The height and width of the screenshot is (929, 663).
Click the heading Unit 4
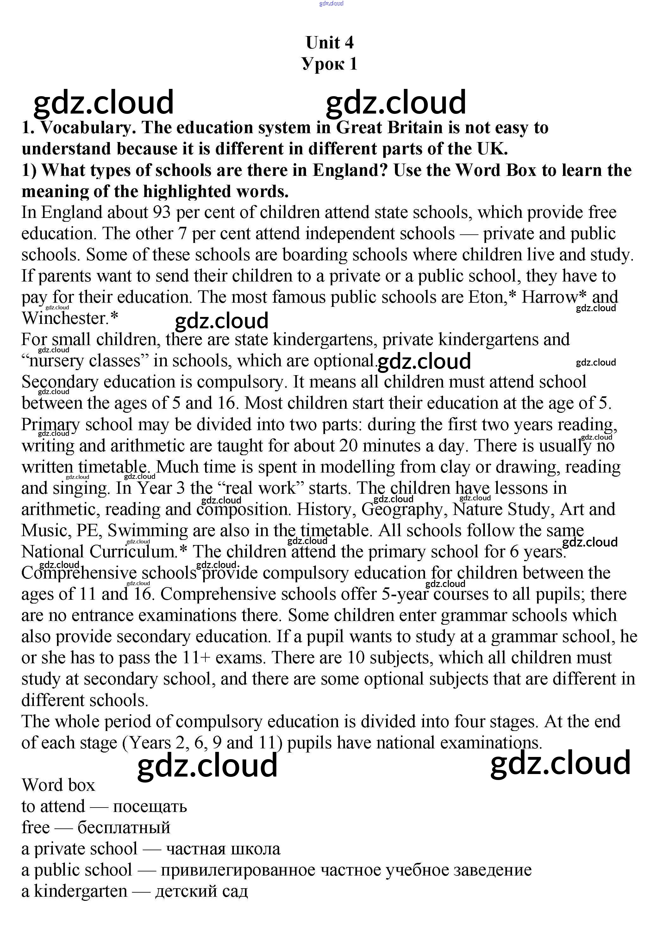pos(329,43)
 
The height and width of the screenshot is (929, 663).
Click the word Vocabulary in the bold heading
pos(88,128)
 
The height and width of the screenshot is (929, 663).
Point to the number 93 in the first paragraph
pos(162,213)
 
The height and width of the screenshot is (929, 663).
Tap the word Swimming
pos(148,531)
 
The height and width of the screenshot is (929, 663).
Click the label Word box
pos(58,785)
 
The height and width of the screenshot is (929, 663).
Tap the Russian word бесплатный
pos(124,828)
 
